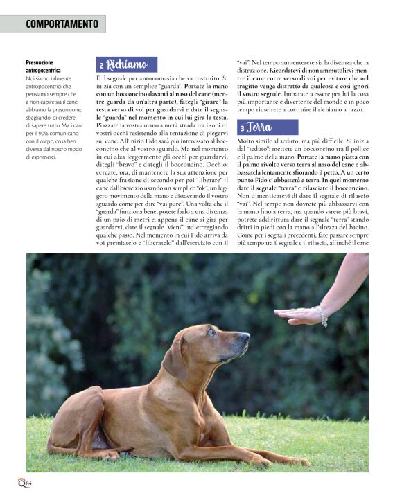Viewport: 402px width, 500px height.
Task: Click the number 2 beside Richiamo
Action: click(x=102, y=66)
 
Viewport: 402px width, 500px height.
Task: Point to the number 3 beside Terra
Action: click(x=243, y=128)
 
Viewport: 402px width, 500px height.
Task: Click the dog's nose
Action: click(x=245, y=337)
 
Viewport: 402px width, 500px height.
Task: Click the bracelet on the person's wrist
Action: click(x=321, y=316)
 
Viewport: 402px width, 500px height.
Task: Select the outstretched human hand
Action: click(x=297, y=315)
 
